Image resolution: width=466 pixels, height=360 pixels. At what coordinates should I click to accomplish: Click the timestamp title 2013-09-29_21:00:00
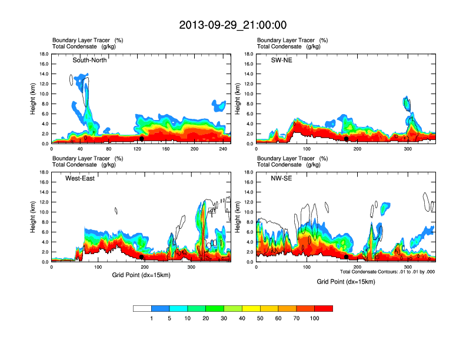(233, 25)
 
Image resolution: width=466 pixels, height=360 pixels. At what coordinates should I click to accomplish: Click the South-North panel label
(89, 61)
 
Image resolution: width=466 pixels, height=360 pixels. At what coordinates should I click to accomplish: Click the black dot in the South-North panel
(142, 139)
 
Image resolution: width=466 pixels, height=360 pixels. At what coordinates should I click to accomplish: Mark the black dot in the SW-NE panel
(347, 139)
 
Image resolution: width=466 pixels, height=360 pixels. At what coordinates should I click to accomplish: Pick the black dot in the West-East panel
(142, 257)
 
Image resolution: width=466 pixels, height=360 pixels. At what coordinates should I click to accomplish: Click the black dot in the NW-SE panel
(347, 257)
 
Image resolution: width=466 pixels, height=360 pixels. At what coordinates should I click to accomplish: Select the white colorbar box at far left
(142, 308)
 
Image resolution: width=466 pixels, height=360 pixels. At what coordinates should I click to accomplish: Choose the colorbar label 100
(315, 318)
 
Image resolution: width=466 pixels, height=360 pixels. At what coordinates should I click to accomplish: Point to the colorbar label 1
(151, 318)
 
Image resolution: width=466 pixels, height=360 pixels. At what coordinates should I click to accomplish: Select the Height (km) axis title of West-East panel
(33, 216)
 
